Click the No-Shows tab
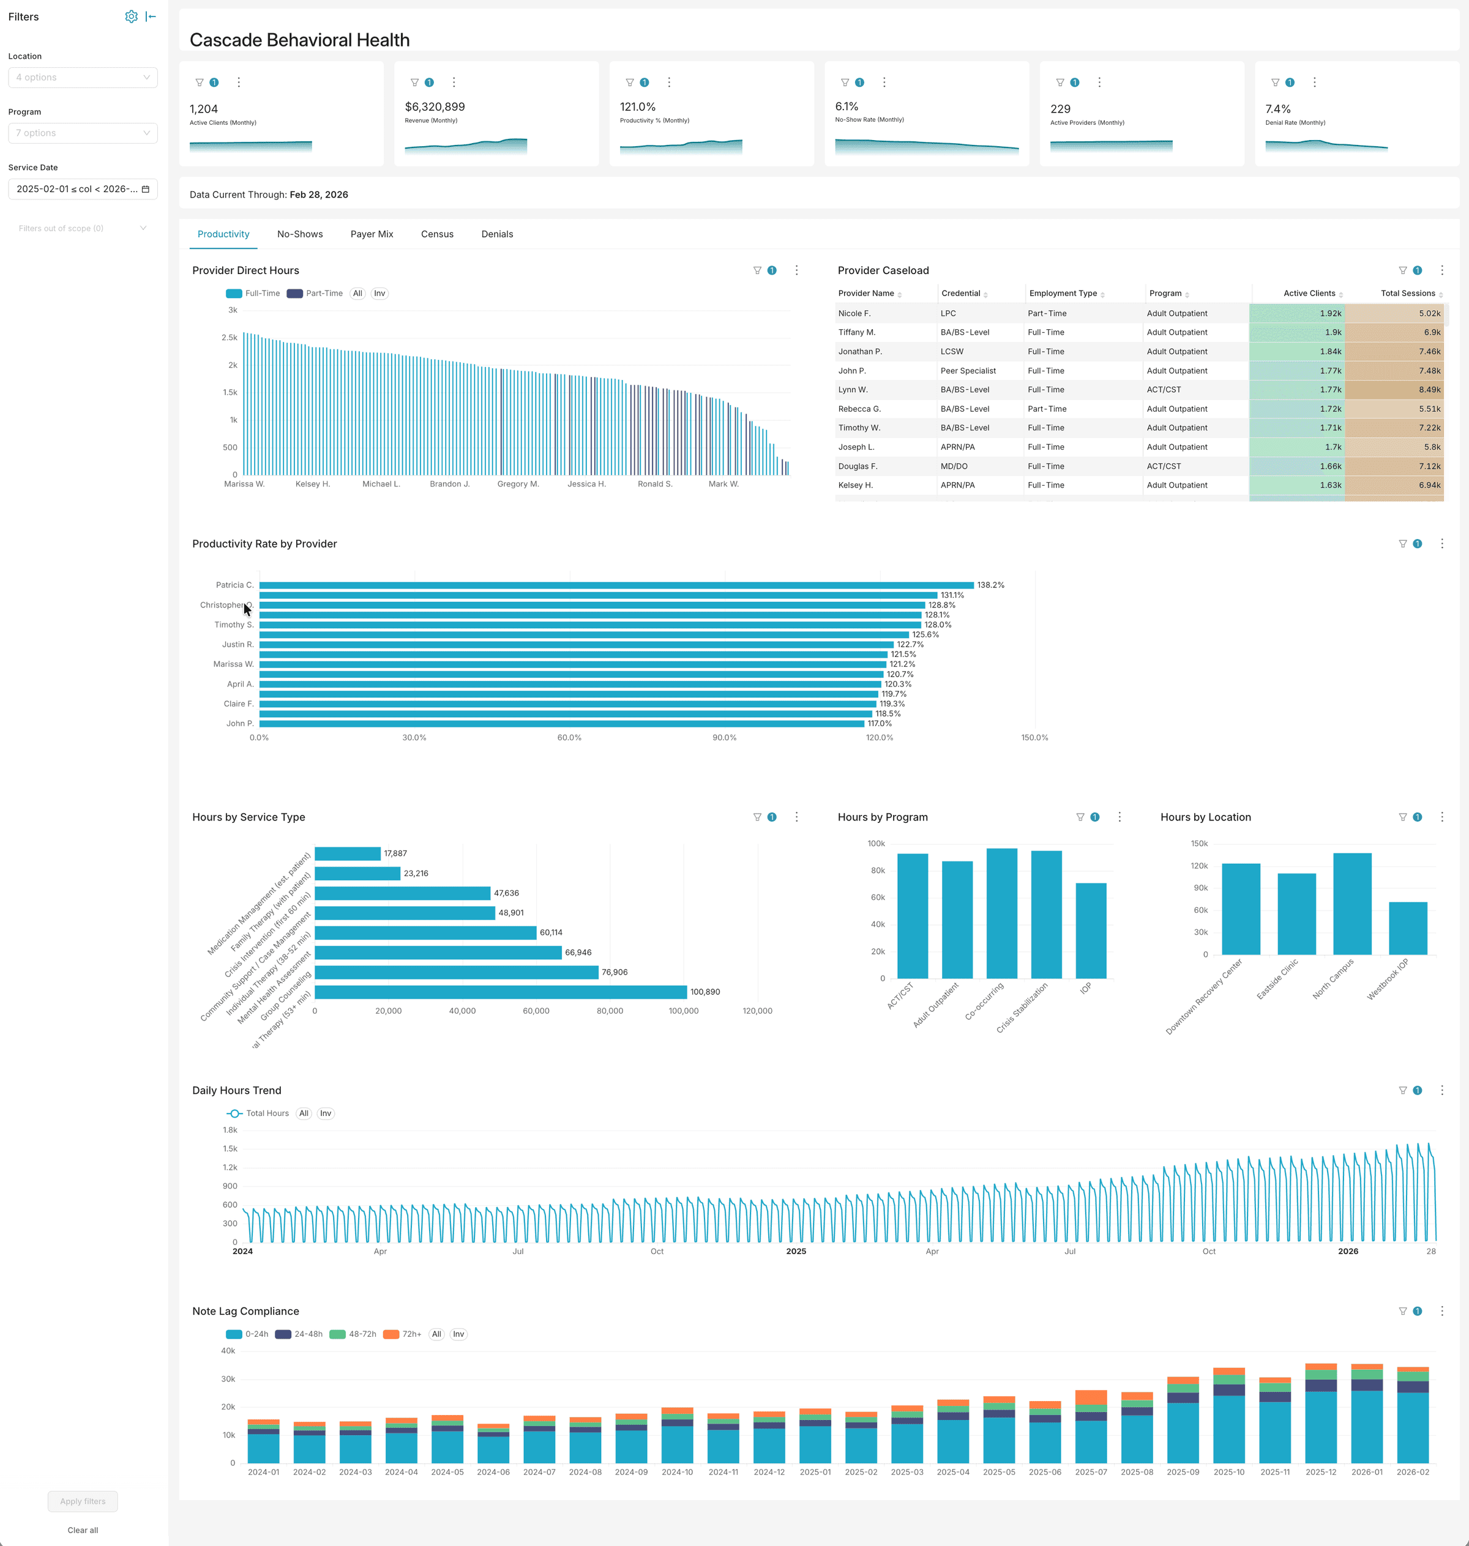(x=300, y=234)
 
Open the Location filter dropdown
(x=82, y=78)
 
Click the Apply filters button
(x=82, y=1501)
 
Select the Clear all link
(x=82, y=1530)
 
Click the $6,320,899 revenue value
(x=435, y=106)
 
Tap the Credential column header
(x=961, y=294)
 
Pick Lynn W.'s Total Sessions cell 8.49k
(x=1394, y=390)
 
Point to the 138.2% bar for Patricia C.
(x=616, y=585)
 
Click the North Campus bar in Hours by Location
(x=1352, y=904)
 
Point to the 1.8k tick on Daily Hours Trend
(x=230, y=1129)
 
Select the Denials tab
(x=497, y=234)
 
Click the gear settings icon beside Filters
(x=131, y=17)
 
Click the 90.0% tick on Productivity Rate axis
(x=724, y=737)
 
